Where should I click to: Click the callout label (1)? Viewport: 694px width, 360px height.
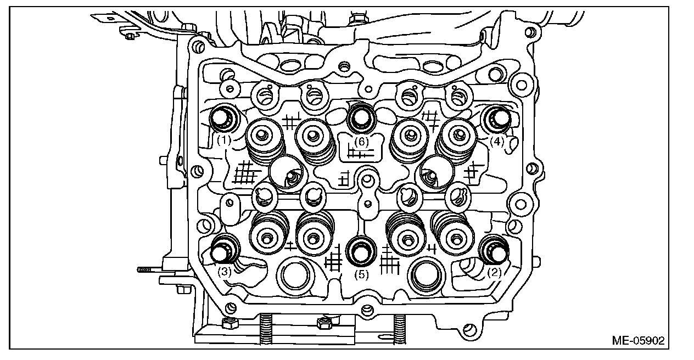click(223, 140)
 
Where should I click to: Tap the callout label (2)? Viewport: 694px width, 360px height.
click(495, 271)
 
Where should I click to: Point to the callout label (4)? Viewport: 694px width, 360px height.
click(496, 140)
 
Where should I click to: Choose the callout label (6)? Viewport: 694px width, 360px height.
click(360, 141)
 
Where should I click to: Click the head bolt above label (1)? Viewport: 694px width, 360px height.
click(222, 117)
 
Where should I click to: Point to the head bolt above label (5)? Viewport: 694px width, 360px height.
click(361, 251)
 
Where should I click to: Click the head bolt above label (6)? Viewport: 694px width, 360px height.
click(361, 116)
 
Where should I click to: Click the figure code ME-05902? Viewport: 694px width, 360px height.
click(637, 340)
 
